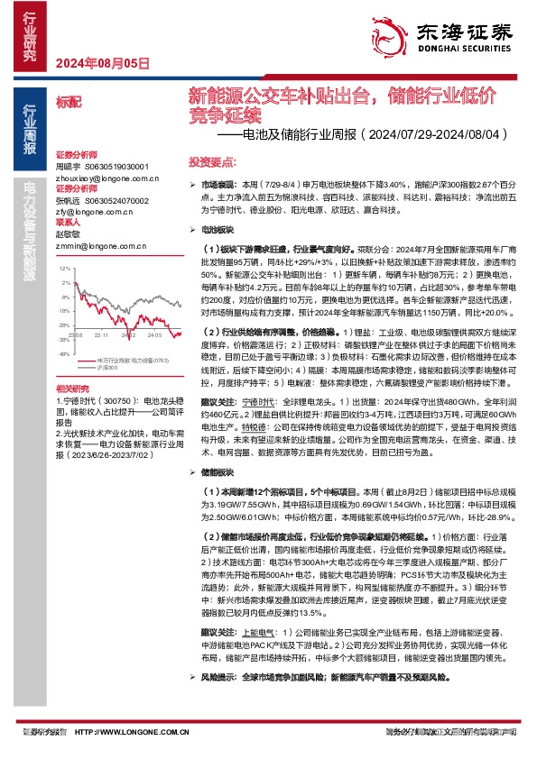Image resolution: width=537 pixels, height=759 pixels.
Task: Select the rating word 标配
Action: point(68,103)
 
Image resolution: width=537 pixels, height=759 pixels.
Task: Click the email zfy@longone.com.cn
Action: point(88,212)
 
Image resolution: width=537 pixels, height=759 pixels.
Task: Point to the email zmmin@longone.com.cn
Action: point(91,244)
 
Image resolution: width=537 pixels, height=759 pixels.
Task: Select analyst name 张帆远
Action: point(69,201)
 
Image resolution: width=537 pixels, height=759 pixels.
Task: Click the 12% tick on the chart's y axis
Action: point(63,269)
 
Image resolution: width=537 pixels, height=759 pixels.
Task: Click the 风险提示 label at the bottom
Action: point(217,700)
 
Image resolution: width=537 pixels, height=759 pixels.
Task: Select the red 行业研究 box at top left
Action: point(29,35)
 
